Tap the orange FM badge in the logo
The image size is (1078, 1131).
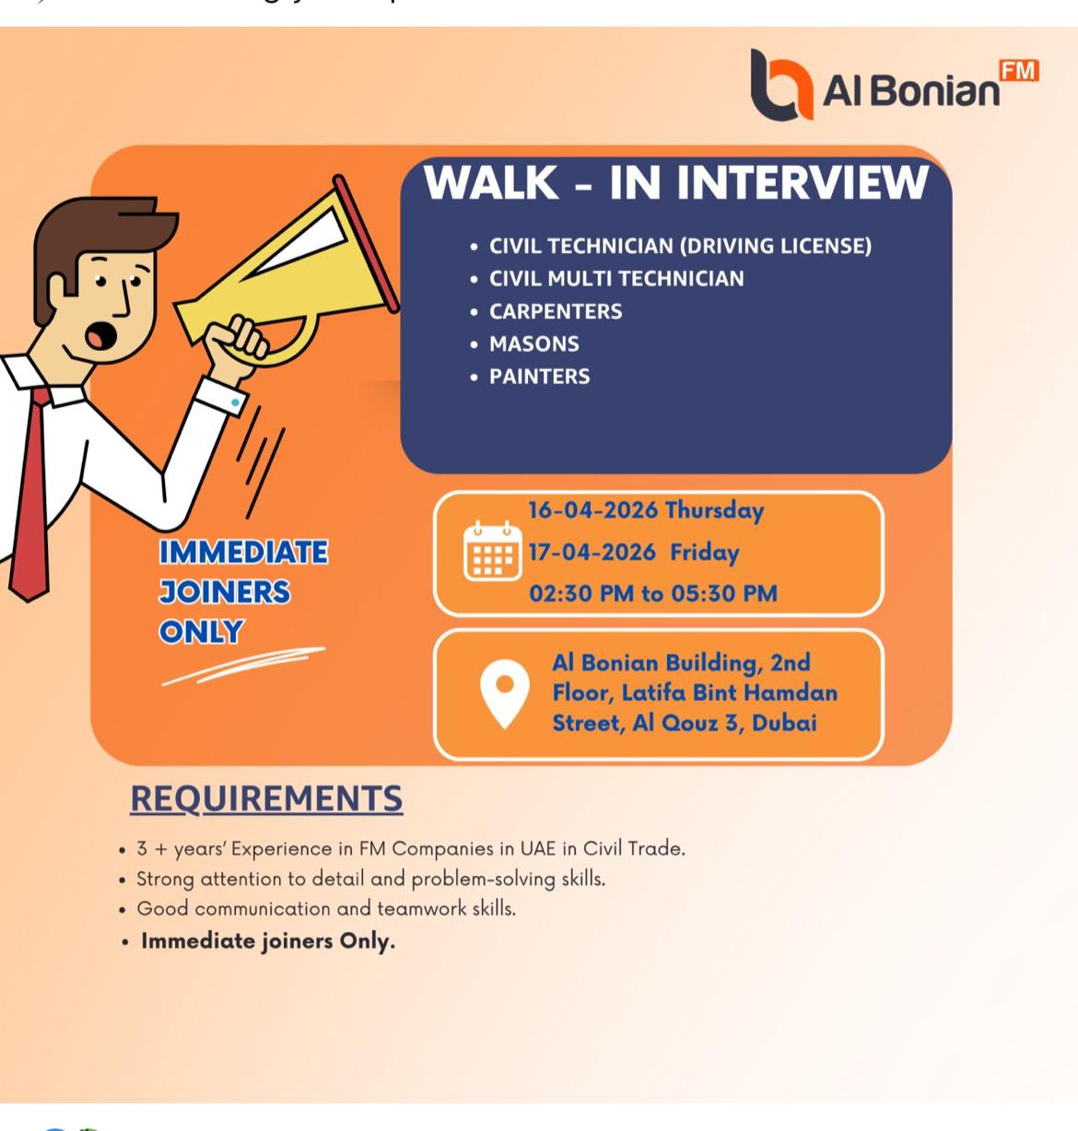tap(1019, 72)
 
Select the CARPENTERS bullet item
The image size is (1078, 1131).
tap(556, 311)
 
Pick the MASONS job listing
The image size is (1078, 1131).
tap(534, 344)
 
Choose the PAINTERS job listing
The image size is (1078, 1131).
tap(540, 377)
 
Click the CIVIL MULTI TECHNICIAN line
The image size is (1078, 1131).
tap(616, 278)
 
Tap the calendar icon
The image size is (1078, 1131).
tap(492, 551)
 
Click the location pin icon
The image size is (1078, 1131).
tap(505, 693)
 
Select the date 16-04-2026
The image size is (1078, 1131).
tap(593, 510)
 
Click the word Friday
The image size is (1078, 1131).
tap(705, 553)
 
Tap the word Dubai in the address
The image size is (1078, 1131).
tap(784, 723)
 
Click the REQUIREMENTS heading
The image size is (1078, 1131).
tap(266, 799)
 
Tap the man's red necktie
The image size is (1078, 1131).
tap(31, 497)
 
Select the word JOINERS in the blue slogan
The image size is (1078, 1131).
tap(225, 592)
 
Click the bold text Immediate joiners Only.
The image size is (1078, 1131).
tap(268, 941)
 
